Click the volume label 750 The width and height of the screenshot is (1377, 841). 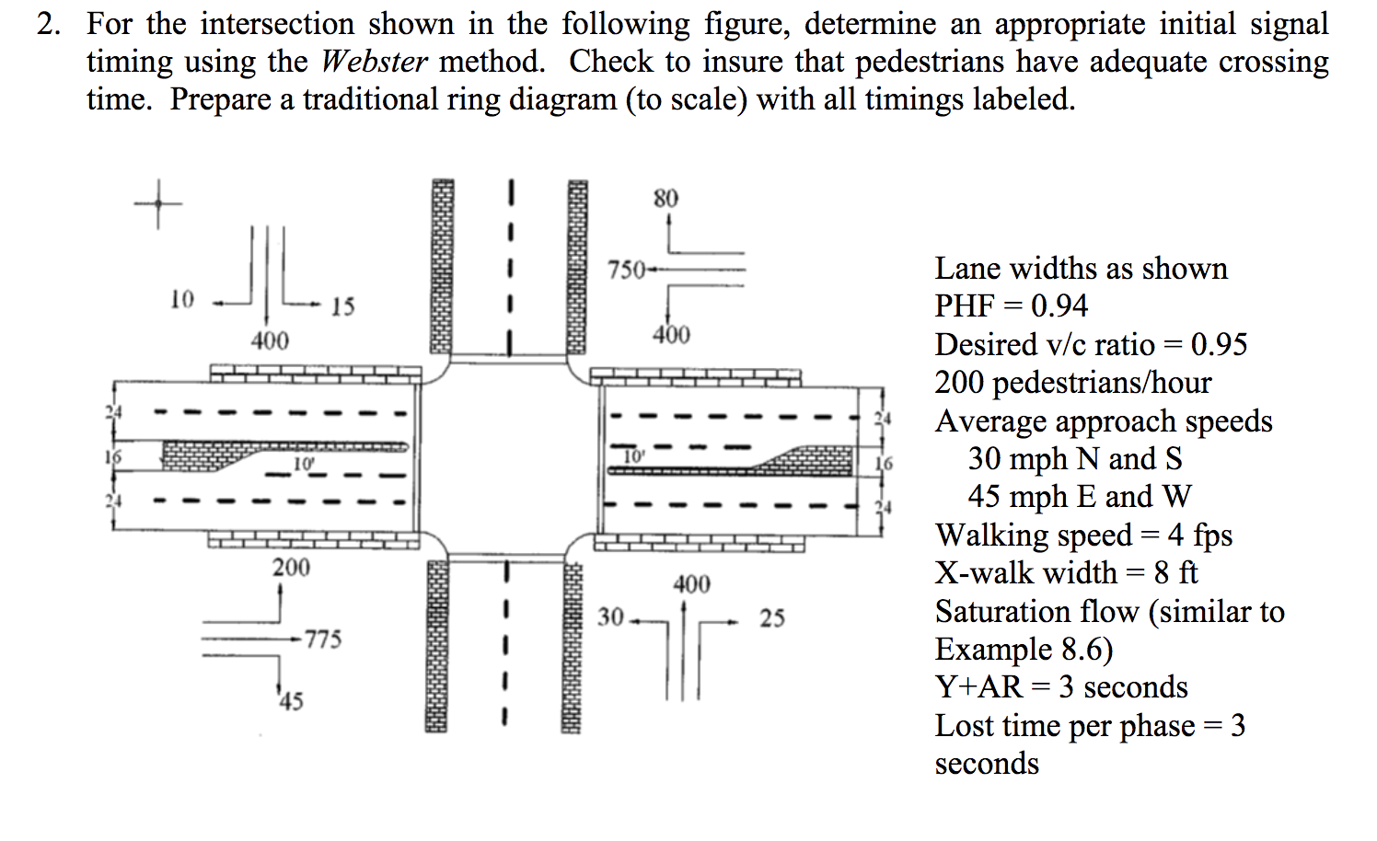click(x=626, y=271)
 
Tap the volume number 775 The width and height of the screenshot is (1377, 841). click(x=323, y=639)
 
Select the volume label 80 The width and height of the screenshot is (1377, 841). click(x=665, y=198)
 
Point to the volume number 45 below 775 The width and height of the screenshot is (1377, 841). click(x=291, y=702)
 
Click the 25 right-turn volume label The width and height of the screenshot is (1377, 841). click(x=771, y=617)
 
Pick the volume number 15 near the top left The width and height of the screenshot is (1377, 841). click(x=342, y=306)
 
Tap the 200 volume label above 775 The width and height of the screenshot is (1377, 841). click(x=291, y=567)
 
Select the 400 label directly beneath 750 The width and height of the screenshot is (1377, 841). click(x=671, y=335)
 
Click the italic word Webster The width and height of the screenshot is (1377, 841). click(x=374, y=62)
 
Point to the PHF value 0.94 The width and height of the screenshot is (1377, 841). click(x=1059, y=305)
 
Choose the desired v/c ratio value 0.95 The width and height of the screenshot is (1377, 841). click(x=1219, y=344)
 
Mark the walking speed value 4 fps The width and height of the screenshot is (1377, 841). click(x=1200, y=535)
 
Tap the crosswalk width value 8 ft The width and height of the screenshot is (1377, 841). click(x=1175, y=572)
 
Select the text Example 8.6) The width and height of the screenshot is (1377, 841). click(x=1024, y=649)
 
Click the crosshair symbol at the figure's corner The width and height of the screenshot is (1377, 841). click(x=156, y=202)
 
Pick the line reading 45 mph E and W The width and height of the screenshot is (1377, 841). click(x=1079, y=497)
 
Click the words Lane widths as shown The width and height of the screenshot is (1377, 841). click(x=1081, y=268)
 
